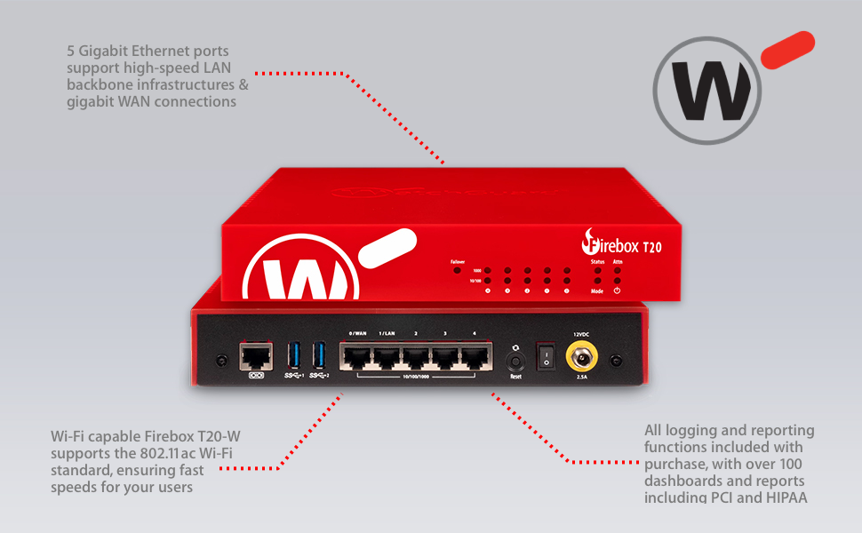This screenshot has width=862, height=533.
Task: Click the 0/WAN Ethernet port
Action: pos(357,357)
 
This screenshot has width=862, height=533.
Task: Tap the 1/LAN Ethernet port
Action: pos(387,357)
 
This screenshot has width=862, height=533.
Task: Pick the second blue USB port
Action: pos(317,355)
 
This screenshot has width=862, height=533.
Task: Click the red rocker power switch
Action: pos(545,358)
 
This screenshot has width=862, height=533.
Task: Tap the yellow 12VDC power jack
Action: pos(581,357)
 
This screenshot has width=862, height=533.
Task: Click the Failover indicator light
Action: pos(458,269)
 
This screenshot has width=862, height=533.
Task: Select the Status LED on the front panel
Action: pos(597,269)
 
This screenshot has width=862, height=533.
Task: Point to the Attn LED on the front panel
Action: pos(618,269)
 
